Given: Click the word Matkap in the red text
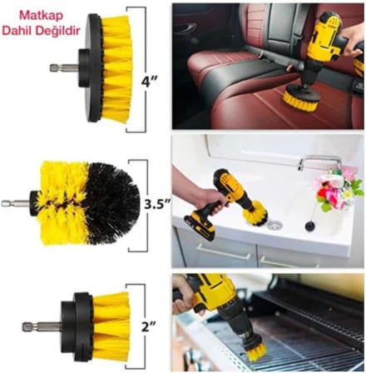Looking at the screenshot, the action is [x=41, y=16].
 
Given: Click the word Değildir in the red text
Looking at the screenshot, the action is [x=57, y=30].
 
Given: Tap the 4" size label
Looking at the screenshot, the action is [x=149, y=81].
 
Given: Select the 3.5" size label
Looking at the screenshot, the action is [x=157, y=205].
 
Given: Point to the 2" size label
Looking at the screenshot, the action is [x=149, y=326].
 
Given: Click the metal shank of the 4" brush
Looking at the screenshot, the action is [x=64, y=67].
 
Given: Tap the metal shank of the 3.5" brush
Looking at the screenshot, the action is [x=15, y=203].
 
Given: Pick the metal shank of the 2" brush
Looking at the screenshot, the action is [x=42, y=326].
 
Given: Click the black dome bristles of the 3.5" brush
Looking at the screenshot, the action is [x=114, y=204].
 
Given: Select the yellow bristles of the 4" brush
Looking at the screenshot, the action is [x=116, y=69].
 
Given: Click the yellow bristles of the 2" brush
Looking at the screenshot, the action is [x=111, y=328].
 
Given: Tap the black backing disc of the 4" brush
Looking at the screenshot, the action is [x=94, y=68].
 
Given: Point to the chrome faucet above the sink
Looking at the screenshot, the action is [x=319, y=162].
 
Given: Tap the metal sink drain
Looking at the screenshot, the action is [x=274, y=225].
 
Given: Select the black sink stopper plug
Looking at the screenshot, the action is [x=309, y=226].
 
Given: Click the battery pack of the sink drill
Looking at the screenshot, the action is [x=200, y=226].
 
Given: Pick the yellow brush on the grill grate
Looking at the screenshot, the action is [x=256, y=350].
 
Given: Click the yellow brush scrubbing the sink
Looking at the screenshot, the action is [x=255, y=213].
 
